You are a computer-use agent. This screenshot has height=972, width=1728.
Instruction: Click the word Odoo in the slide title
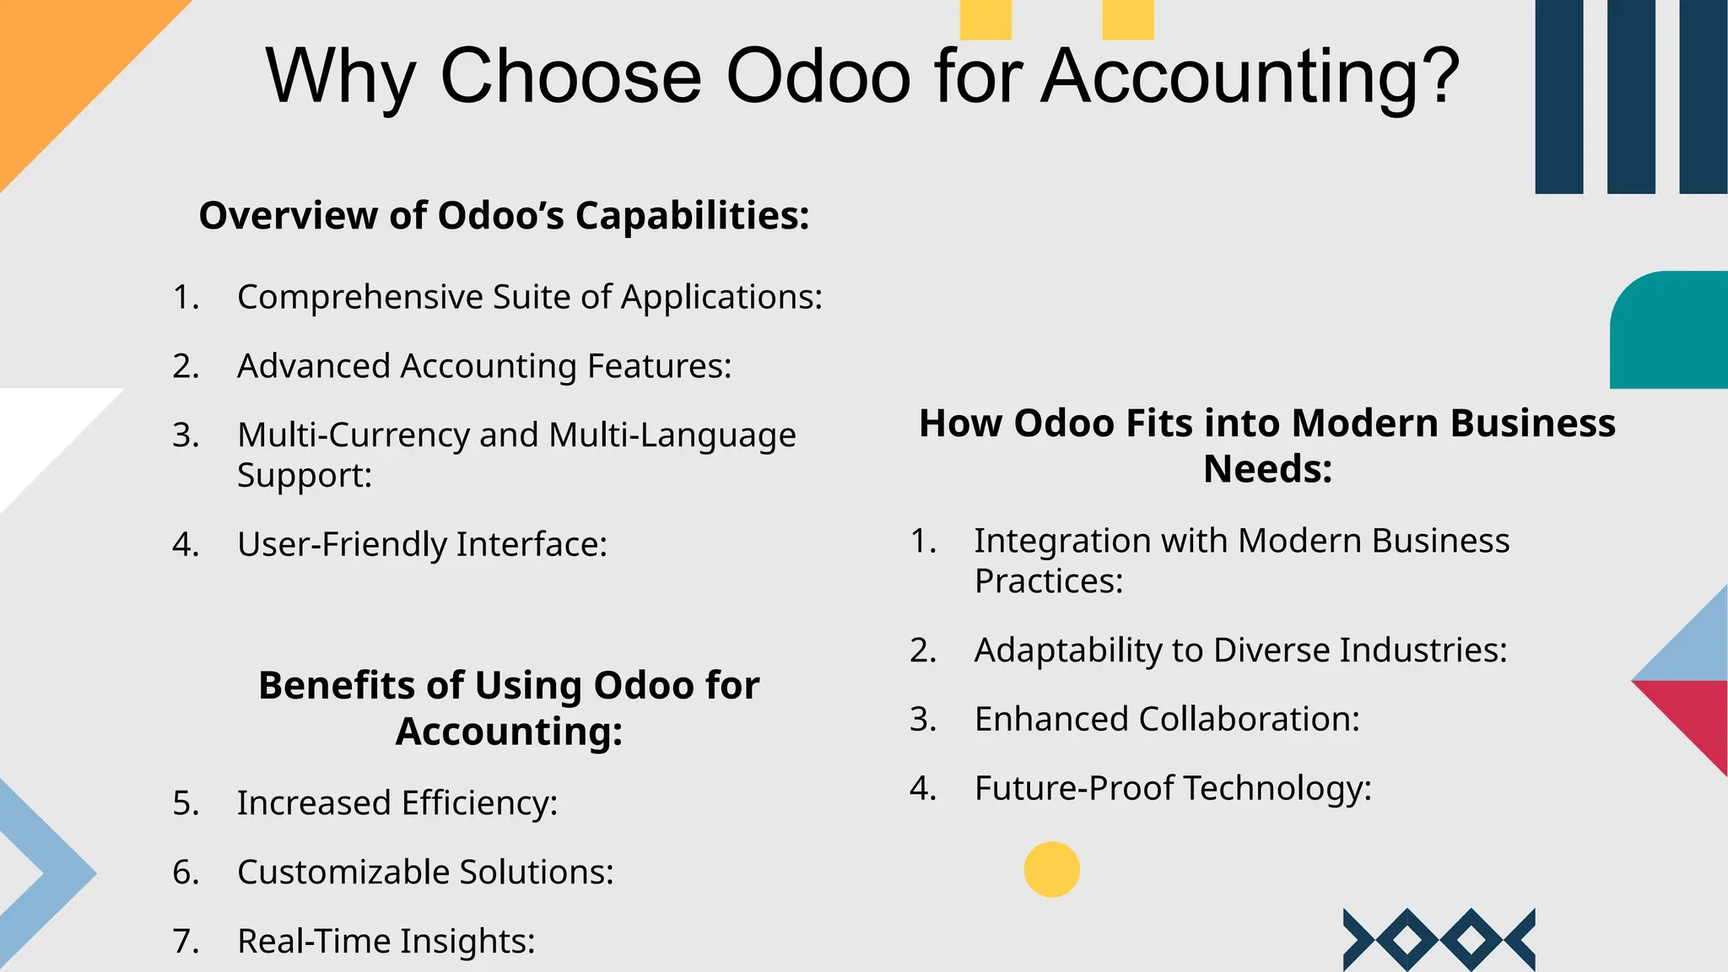[818, 76]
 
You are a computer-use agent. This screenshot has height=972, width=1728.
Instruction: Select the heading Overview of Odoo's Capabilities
[504, 215]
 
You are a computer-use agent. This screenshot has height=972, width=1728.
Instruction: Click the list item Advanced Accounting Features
[484, 366]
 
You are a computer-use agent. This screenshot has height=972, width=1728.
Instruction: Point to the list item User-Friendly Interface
[422, 544]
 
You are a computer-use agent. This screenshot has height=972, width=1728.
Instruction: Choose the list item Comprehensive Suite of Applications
[529, 297]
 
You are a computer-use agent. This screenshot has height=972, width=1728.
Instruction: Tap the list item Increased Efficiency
[397, 803]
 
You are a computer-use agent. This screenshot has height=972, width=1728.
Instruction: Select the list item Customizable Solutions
[425, 872]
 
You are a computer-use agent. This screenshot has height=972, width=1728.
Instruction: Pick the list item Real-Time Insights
[386, 942]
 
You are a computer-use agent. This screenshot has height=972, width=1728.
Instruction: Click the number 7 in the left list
[185, 942]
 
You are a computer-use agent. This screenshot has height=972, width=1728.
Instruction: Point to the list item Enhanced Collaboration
[1166, 720]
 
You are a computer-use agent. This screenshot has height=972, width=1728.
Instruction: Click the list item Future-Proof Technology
[1172, 789]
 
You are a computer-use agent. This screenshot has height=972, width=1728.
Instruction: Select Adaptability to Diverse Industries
[1240, 651]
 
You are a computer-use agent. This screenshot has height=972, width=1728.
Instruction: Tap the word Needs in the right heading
[1266, 469]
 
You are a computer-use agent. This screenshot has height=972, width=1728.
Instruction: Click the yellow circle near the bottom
[1051, 869]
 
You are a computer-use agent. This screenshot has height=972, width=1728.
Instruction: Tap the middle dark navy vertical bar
[1631, 96]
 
